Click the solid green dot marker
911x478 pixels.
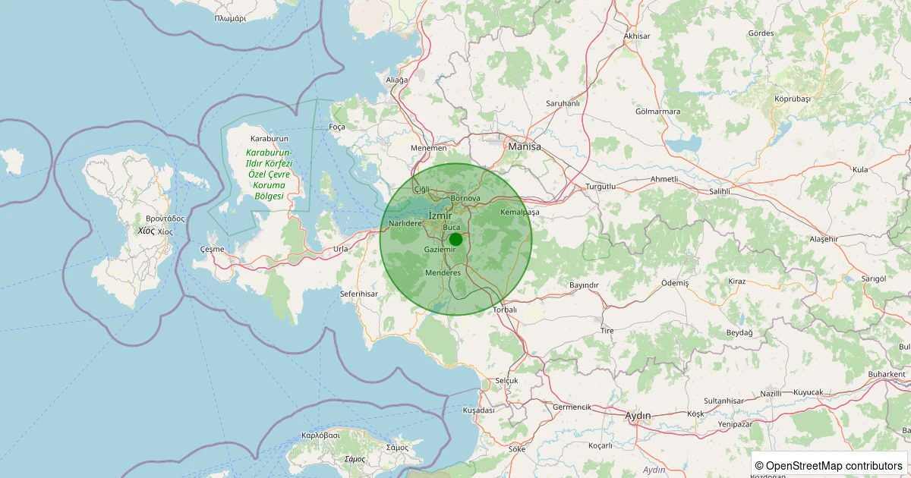coord(455,239)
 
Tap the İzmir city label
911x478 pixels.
coord(440,215)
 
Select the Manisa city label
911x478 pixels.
coord(525,146)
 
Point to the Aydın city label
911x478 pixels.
coord(638,416)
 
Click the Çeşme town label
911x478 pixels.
coord(213,249)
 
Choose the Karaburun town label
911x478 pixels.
coord(270,139)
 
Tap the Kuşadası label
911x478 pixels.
coord(478,410)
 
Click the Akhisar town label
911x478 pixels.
coord(637,36)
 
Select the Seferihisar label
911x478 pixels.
coord(359,294)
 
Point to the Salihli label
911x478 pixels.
coord(718,192)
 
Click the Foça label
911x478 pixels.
coord(337,127)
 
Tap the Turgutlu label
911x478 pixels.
coord(600,186)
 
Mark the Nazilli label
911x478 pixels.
coord(771,394)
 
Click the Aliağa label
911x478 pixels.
coord(397,80)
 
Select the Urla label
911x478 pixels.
coord(341,249)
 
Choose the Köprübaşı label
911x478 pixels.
coord(793,99)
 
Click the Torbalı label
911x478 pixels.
coord(505,310)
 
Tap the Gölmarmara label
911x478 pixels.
coord(657,112)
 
